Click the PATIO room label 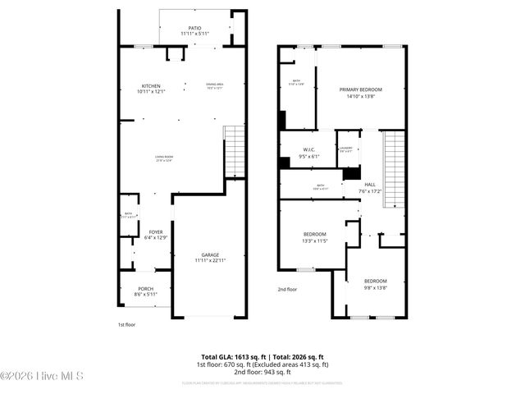point(194,28)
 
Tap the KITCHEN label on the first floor point(151,85)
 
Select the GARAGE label point(210,254)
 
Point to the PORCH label point(145,288)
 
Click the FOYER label point(155,232)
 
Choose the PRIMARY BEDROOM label point(361,89)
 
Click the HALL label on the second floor point(370,185)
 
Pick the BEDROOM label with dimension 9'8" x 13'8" point(376,282)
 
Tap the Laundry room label point(345,148)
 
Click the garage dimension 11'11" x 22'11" point(210,260)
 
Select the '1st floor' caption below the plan point(127,325)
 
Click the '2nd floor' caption point(287,289)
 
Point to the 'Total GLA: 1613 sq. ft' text point(226,356)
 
